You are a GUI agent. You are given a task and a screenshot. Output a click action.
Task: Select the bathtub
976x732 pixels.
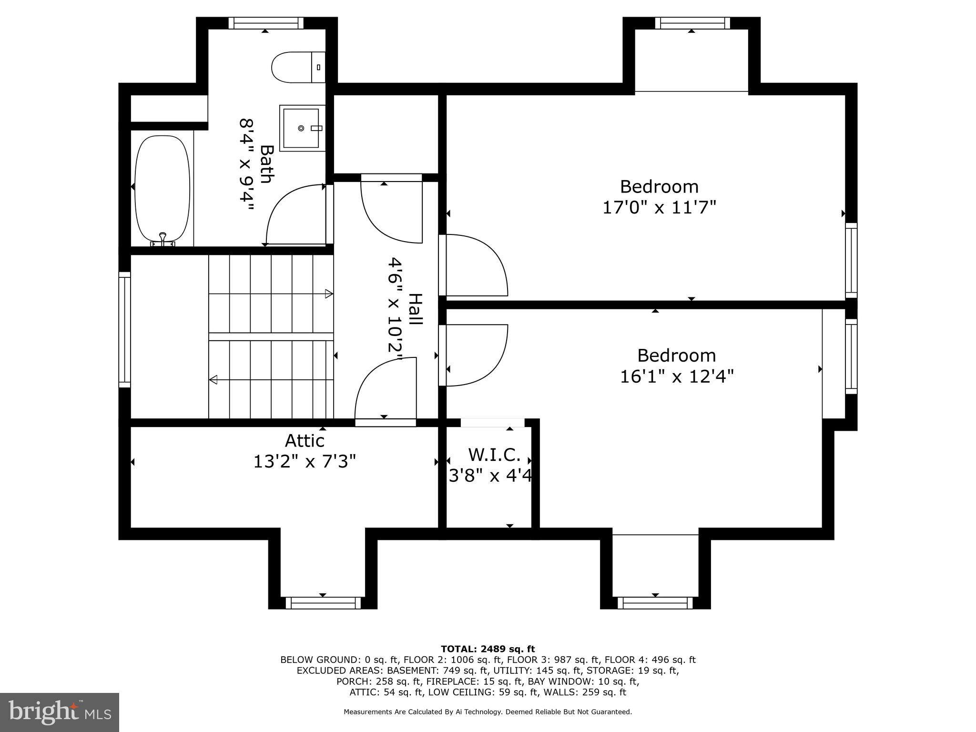point(163,189)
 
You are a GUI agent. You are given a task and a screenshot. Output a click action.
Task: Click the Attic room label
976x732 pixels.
point(305,441)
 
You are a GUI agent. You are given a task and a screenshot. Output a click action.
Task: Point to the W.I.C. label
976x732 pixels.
point(494,455)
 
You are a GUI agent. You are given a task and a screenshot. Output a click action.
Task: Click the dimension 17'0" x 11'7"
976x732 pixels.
point(659,208)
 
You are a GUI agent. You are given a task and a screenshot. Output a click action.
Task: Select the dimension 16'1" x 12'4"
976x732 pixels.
point(676,377)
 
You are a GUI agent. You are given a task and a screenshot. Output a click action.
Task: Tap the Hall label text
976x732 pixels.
point(416,310)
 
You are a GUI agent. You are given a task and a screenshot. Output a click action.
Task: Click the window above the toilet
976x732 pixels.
point(266,23)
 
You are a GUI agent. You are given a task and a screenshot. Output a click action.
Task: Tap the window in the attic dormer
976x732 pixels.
point(323,603)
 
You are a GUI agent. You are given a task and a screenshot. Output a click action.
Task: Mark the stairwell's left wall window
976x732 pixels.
point(124,330)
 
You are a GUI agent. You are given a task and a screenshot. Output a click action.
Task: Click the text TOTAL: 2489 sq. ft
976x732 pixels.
point(488,649)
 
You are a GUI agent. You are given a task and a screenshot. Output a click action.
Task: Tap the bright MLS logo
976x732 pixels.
point(60,712)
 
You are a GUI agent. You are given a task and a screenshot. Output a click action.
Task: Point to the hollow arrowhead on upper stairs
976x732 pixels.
point(329,294)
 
